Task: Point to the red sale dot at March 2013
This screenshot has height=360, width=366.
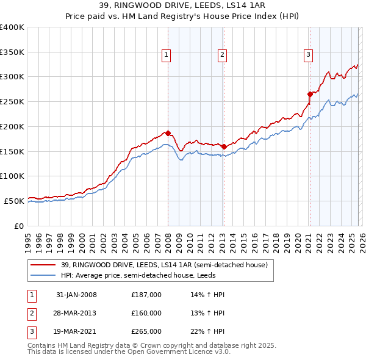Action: [x=224, y=146]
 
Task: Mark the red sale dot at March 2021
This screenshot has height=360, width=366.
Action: [x=310, y=94]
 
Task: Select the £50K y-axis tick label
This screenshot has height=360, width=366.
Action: [x=14, y=201]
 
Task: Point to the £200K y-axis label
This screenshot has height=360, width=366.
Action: [x=12, y=126]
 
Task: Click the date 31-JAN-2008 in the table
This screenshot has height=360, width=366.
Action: [x=76, y=295]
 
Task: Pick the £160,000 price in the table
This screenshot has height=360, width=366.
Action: [x=146, y=313]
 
